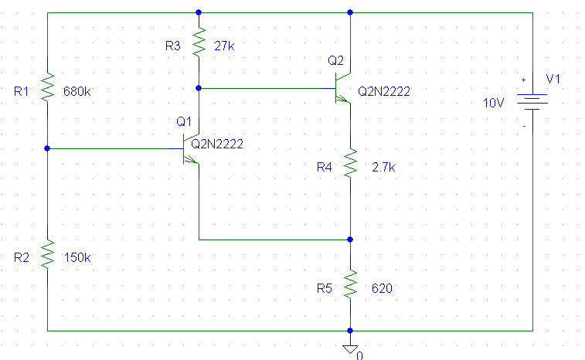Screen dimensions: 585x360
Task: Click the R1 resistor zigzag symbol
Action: (x=47, y=87)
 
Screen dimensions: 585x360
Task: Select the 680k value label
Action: (x=77, y=91)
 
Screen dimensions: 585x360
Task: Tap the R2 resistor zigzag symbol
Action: (x=47, y=255)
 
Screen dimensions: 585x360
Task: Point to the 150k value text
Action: (x=77, y=257)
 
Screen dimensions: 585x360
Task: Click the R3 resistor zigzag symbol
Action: (x=199, y=42)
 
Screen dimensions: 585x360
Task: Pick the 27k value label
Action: (x=224, y=46)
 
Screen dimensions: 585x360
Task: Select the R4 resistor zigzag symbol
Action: (x=350, y=164)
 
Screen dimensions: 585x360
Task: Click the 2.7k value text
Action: (x=383, y=167)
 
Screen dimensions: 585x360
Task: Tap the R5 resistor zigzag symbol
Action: (x=350, y=284)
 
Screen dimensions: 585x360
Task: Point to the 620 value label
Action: (x=382, y=288)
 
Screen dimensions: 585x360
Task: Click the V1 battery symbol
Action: (x=532, y=102)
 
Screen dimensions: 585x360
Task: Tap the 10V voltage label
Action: (x=493, y=103)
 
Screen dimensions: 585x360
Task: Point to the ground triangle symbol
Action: (x=350, y=349)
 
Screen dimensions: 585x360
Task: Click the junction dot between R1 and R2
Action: (x=47, y=148)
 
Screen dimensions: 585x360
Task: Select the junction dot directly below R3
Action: (x=199, y=88)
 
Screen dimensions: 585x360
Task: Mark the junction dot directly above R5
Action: (x=350, y=239)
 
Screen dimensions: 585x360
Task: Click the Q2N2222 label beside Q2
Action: (x=384, y=91)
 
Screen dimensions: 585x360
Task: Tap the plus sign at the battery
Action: (x=523, y=80)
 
